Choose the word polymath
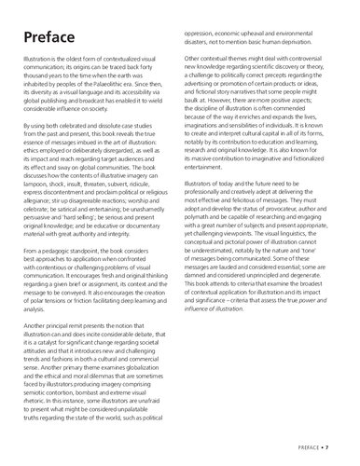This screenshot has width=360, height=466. tap(210, 281)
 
